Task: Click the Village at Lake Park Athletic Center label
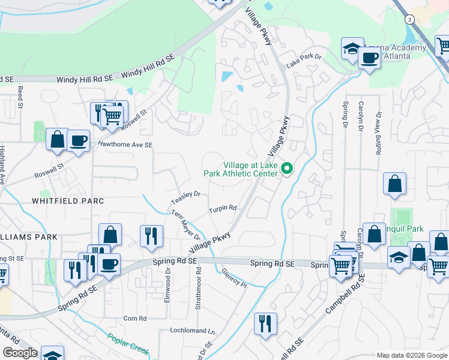(x=250, y=169)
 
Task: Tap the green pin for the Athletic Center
(x=287, y=170)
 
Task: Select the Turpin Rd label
(x=223, y=209)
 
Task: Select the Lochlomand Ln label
(x=192, y=331)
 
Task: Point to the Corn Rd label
(x=134, y=318)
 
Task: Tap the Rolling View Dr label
(x=379, y=133)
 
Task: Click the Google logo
(x=19, y=353)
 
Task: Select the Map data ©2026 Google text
(x=412, y=355)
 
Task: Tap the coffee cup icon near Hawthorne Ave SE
(x=78, y=141)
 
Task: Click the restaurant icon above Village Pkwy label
(x=150, y=235)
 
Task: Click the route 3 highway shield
(x=409, y=19)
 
